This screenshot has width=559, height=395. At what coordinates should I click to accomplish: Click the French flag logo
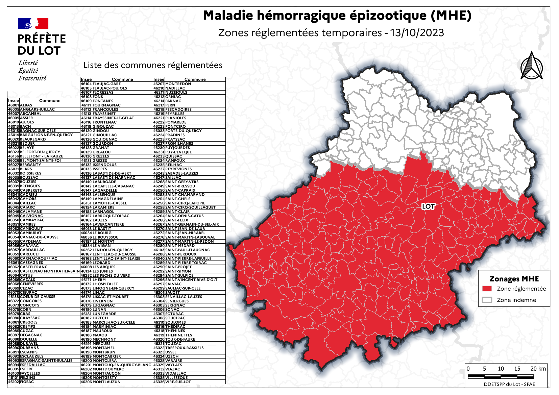(33, 23)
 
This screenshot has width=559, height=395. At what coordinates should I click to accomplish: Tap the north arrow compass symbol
(532, 66)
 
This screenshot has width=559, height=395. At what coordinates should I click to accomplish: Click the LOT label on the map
(428, 206)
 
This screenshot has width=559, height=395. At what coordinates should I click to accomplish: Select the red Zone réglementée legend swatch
(487, 289)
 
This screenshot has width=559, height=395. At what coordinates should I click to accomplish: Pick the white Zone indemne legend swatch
(487, 300)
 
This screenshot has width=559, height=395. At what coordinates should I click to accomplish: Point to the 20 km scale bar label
(538, 369)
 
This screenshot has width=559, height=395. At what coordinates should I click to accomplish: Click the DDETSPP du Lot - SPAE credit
(509, 384)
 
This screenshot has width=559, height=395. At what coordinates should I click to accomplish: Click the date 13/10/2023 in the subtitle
(417, 33)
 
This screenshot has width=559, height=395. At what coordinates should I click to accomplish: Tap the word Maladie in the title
(228, 16)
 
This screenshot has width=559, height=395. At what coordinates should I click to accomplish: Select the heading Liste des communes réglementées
(153, 65)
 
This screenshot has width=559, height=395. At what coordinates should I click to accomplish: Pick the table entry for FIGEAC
(27, 382)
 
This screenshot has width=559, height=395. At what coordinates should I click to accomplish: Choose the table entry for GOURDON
(103, 144)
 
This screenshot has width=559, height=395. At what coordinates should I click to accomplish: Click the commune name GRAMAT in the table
(101, 148)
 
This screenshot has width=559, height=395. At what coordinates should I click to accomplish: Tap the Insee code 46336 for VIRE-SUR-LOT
(159, 382)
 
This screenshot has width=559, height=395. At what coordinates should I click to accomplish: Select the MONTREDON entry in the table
(178, 84)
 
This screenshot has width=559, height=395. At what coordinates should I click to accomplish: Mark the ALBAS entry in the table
(26, 105)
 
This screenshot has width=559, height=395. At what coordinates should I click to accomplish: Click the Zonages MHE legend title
(514, 279)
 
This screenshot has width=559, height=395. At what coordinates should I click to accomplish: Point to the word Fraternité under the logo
(32, 78)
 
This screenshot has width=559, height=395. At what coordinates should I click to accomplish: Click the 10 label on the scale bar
(501, 369)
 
